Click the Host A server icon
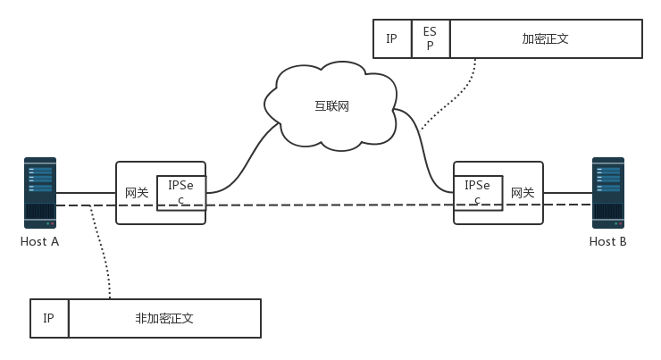(x=40, y=192)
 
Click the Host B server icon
(x=607, y=192)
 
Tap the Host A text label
(x=40, y=241)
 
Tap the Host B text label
(x=607, y=241)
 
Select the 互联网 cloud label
(x=331, y=106)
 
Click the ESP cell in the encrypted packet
(x=430, y=39)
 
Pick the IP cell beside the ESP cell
(x=391, y=39)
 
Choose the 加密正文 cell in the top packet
(x=546, y=39)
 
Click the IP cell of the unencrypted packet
(x=49, y=318)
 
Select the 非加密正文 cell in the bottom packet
(x=164, y=318)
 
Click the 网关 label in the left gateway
(x=136, y=192)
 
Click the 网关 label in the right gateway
(x=523, y=192)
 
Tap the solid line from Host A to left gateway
(x=86, y=191)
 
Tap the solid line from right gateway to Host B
(x=567, y=191)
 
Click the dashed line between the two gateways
(x=330, y=205)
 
